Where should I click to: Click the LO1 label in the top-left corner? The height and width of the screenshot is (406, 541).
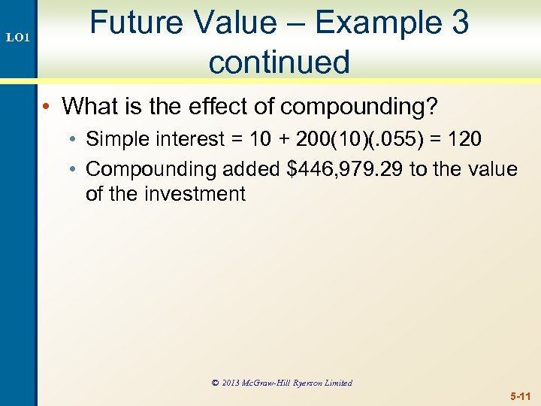point(18,36)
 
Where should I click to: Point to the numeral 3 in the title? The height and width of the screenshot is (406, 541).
point(460,23)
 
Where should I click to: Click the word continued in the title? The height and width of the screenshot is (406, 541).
point(280,62)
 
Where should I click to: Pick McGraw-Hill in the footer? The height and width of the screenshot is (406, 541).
point(268,383)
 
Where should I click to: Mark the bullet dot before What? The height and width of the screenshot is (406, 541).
point(46,108)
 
